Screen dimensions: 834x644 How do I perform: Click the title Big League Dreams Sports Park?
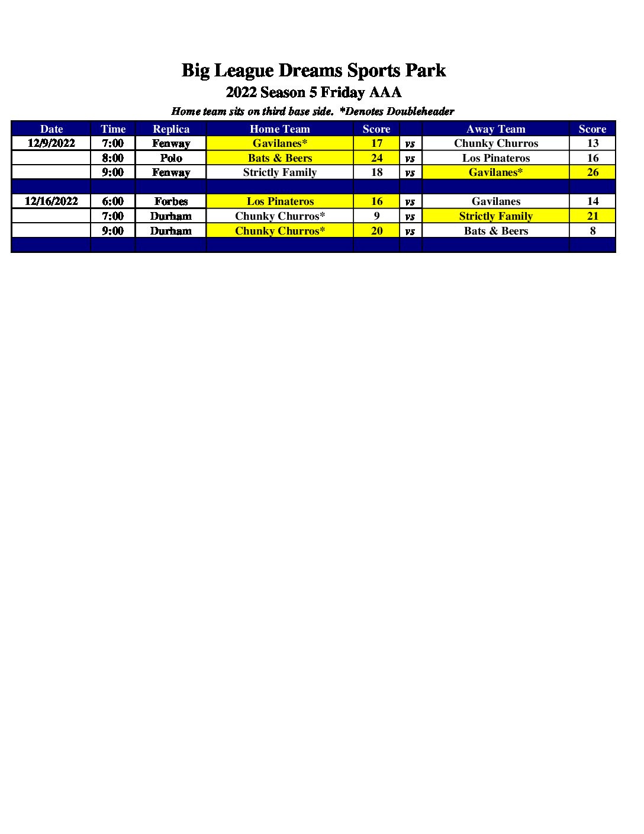pos(313,70)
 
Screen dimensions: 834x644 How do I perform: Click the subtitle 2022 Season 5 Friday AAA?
pos(313,92)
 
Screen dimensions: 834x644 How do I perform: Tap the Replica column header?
pos(171,129)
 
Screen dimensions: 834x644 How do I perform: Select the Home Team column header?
pos(279,129)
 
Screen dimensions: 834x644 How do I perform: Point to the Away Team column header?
pos(495,129)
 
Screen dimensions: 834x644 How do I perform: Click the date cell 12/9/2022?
pos(51,143)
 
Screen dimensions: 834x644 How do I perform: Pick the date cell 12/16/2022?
pos(51,201)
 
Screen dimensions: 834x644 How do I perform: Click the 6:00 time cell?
pos(113,201)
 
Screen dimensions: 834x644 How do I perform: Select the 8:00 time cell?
pos(113,158)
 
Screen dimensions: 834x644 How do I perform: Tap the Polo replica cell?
pos(171,158)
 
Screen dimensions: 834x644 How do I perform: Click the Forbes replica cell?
pos(171,201)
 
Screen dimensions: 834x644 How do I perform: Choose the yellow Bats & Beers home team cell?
pos(279,158)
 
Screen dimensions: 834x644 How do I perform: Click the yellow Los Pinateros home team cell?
pos(279,201)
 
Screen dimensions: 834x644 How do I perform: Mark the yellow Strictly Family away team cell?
pos(495,216)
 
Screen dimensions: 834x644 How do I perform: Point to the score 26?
pos(593,172)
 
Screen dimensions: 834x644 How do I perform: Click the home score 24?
pos(376,158)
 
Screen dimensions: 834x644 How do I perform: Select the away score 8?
pos(593,231)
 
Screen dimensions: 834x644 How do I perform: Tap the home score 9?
pos(376,216)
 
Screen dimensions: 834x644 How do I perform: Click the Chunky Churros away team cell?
pos(495,143)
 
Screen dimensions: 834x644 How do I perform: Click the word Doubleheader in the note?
pos(420,111)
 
